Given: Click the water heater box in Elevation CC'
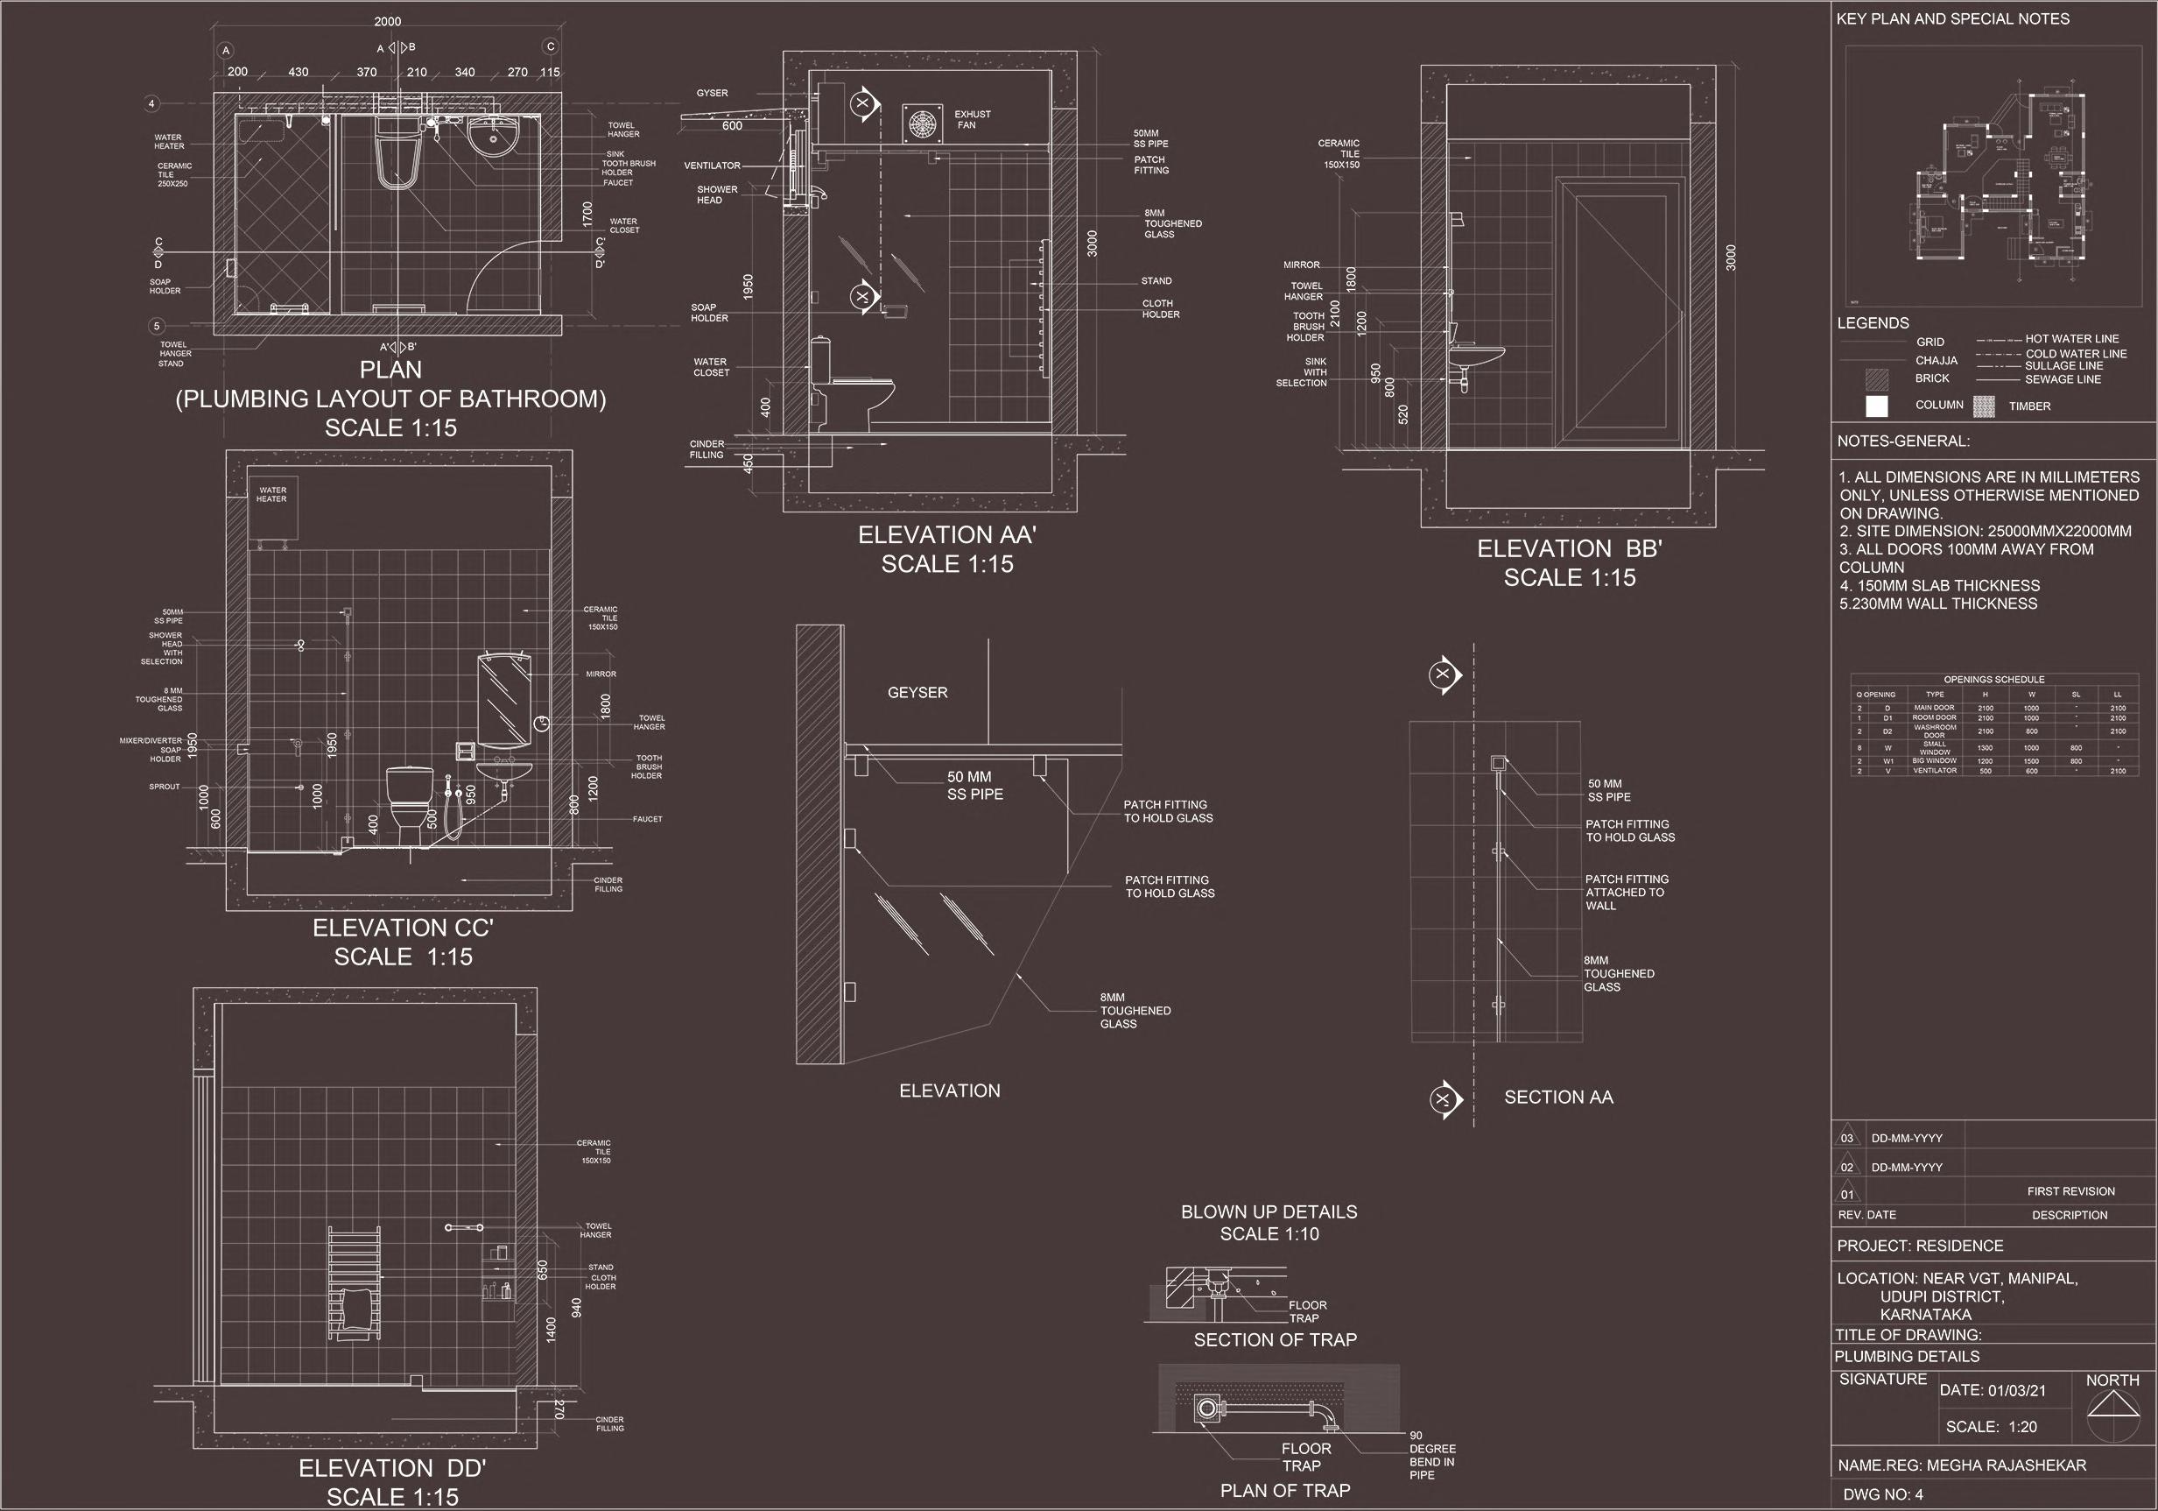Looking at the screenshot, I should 273,512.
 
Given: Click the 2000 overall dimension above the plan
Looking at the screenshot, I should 387,22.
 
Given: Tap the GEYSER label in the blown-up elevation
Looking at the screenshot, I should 917,693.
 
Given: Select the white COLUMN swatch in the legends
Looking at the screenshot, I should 1877,406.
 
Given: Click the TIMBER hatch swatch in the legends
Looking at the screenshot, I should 1984,406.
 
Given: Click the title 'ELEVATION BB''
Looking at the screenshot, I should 1569,549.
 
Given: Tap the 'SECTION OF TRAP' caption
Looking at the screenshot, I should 1275,1340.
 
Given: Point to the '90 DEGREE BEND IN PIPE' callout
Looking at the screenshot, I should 1431,1456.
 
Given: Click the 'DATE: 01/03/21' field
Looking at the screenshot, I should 1992,1391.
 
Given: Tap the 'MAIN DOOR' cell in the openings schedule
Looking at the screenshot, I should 1934,708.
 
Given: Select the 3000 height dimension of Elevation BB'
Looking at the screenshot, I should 1732,258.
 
